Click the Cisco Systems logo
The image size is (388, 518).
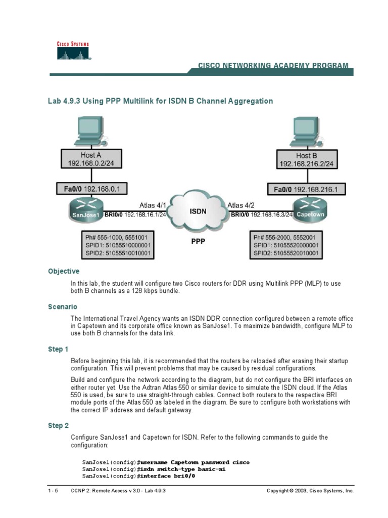[72, 51]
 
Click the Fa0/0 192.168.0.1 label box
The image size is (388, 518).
[91, 189]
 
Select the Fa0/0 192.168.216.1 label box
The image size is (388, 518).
[303, 189]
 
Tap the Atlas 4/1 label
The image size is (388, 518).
[153, 205]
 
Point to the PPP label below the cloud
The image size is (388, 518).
[198, 242]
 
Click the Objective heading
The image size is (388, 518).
[64, 271]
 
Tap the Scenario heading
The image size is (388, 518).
[62, 307]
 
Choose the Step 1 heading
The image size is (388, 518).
[59, 349]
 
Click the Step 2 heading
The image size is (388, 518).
[59, 425]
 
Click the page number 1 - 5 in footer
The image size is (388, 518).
[53, 491]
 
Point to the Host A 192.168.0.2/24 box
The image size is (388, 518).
[91, 159]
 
